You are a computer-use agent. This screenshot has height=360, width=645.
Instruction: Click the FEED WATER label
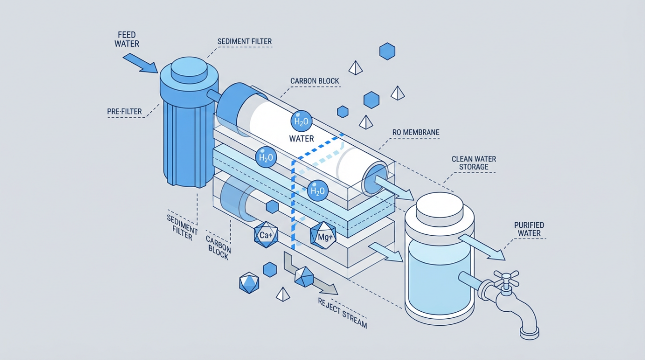tap(127, 40)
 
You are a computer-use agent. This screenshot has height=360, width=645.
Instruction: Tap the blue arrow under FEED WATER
tap(140, 63)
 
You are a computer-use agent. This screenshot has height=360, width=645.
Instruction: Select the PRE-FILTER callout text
tap(125, 111)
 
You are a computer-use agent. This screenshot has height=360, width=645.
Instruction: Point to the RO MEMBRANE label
tap(416, 133)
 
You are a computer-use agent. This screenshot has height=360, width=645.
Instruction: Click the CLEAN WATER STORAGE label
tap(474, 163)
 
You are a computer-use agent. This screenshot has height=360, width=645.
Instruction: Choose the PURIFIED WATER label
tap(529, 229)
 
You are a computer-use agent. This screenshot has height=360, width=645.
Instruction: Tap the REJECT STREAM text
tap(342, 313)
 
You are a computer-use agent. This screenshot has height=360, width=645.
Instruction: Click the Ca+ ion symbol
tap(266, 235)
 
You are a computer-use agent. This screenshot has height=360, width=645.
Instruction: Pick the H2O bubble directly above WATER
tap(302, 121)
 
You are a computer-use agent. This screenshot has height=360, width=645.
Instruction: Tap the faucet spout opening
tap(529, 331)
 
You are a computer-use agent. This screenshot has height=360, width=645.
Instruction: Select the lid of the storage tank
tap(441, 206)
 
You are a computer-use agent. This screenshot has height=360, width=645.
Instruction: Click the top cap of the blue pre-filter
tap(189, 69)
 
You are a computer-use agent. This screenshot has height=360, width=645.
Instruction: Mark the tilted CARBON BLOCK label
tap(218, 246)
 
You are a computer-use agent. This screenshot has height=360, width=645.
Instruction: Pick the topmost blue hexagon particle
tap(387, 51)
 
